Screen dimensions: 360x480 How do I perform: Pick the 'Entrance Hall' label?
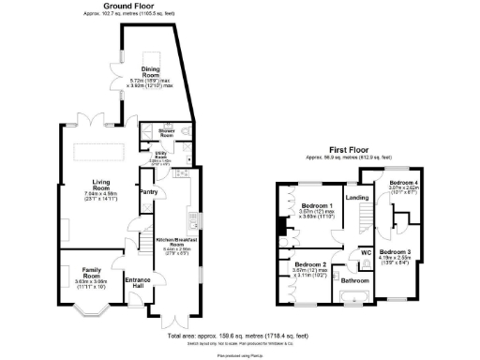[138, 283]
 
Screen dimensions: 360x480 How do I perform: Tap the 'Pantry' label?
[148, 192]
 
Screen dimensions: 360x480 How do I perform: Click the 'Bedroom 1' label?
[318, 205]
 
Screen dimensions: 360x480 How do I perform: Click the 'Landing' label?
[356, 198]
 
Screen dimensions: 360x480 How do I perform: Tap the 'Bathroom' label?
[354, 280]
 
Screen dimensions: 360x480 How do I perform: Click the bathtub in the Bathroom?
[354, 299]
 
